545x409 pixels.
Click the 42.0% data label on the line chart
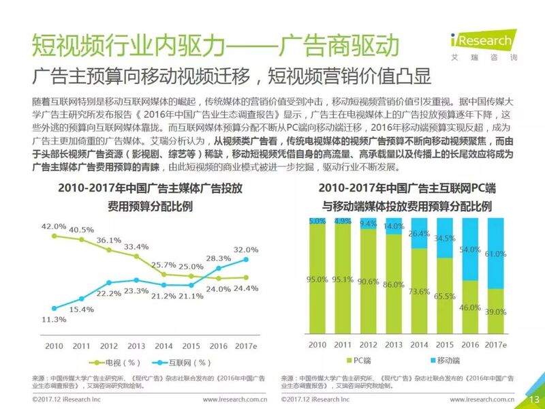coord(53,226)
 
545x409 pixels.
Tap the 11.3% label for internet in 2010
coord(54,318)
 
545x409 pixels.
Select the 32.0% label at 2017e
coord(247,250)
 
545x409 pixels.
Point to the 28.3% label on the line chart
coord(218,258)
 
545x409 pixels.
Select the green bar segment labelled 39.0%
coord(495,312)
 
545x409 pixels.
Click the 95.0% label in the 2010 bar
coord(317,278)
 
